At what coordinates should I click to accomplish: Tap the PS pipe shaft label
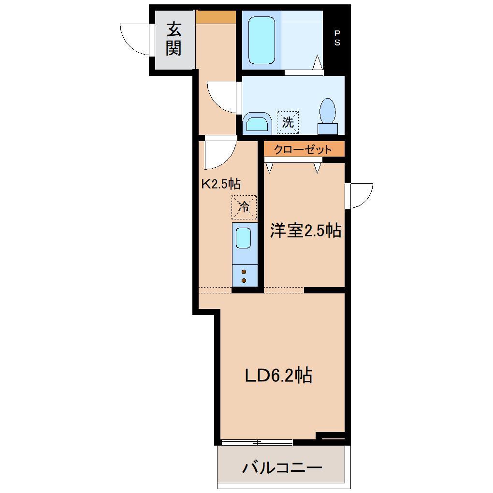337,38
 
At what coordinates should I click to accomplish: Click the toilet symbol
328,116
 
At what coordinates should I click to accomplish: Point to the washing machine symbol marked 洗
288,122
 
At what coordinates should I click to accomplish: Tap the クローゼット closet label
303,149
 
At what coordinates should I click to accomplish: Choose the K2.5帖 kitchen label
221,184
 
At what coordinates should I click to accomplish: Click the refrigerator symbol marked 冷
244,207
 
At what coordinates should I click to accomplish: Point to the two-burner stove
244,276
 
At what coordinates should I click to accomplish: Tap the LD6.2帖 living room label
278,376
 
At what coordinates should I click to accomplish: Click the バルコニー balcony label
282,468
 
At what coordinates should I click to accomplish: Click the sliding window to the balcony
257,442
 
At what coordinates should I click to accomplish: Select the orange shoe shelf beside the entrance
216,17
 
